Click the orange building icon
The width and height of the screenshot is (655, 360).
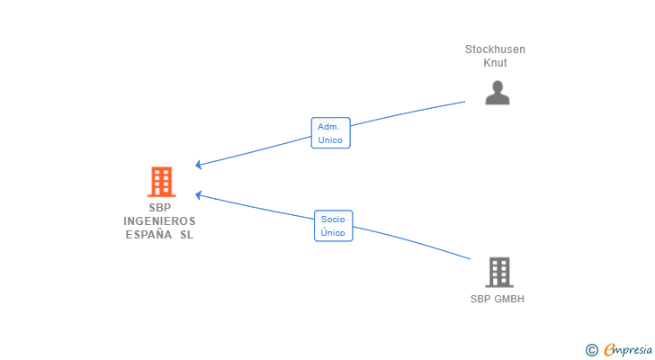[161, 182]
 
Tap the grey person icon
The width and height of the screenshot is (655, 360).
[498, 93]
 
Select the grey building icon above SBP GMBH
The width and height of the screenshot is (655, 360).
[498, 272]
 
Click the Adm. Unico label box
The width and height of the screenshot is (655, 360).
[329, 133]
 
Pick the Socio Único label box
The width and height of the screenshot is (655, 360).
[333, 225]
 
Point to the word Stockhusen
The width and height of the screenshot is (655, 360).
[495, 49]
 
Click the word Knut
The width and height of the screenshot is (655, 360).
[495, 63]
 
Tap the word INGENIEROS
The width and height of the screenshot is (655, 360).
[159, 220]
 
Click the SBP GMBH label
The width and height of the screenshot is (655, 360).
[497, 299]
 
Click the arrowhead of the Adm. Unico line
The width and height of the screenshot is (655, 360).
[198, 166]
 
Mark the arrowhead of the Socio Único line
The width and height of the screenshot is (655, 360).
[198, 194]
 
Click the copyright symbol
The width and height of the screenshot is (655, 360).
[591, 350]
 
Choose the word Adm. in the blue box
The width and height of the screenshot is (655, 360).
[329, 127]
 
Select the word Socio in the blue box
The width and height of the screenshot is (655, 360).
[333, 219]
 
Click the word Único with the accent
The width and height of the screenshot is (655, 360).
[333, 232]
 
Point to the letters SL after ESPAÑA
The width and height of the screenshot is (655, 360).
[186, 235]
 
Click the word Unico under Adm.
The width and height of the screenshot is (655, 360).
[329, 140]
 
